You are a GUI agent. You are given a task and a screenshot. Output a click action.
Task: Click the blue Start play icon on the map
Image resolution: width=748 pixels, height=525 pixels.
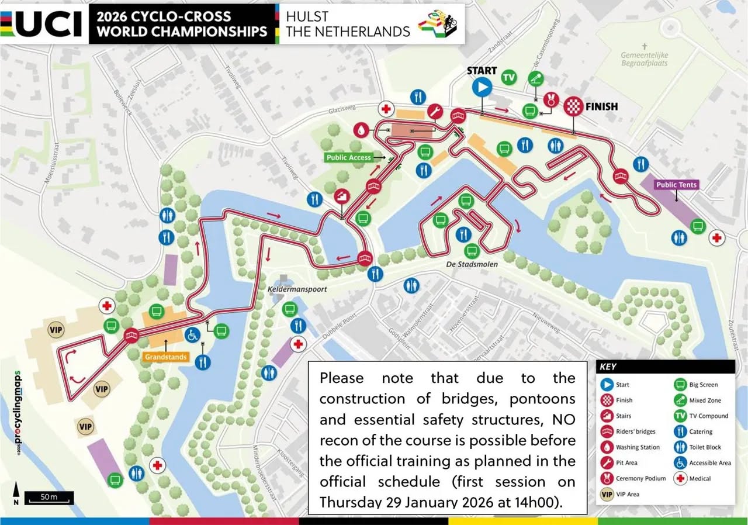click(482, 88)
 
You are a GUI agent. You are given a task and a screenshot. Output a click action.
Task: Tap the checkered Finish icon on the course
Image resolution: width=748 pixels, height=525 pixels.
click(573, 106)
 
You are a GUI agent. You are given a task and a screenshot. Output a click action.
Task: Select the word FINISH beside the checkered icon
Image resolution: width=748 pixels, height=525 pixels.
click(601, 106)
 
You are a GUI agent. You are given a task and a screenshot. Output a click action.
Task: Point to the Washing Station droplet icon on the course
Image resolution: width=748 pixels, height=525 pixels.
click(362, 129)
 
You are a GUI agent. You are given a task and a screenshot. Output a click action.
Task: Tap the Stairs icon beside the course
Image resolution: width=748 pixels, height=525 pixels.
click(341, 197)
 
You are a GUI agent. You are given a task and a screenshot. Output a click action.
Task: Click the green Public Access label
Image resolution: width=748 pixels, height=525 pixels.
click(349, 157)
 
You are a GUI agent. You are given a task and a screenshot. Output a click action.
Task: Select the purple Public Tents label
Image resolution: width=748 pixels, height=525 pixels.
click(677, 185)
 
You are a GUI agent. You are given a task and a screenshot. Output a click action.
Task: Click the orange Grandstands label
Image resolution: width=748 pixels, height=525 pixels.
click(165, 357)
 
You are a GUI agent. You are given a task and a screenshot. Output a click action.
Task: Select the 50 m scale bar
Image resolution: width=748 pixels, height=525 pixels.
click(49, 498)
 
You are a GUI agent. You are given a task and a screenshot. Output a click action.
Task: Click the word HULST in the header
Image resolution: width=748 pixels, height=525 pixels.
click(307, 16)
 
